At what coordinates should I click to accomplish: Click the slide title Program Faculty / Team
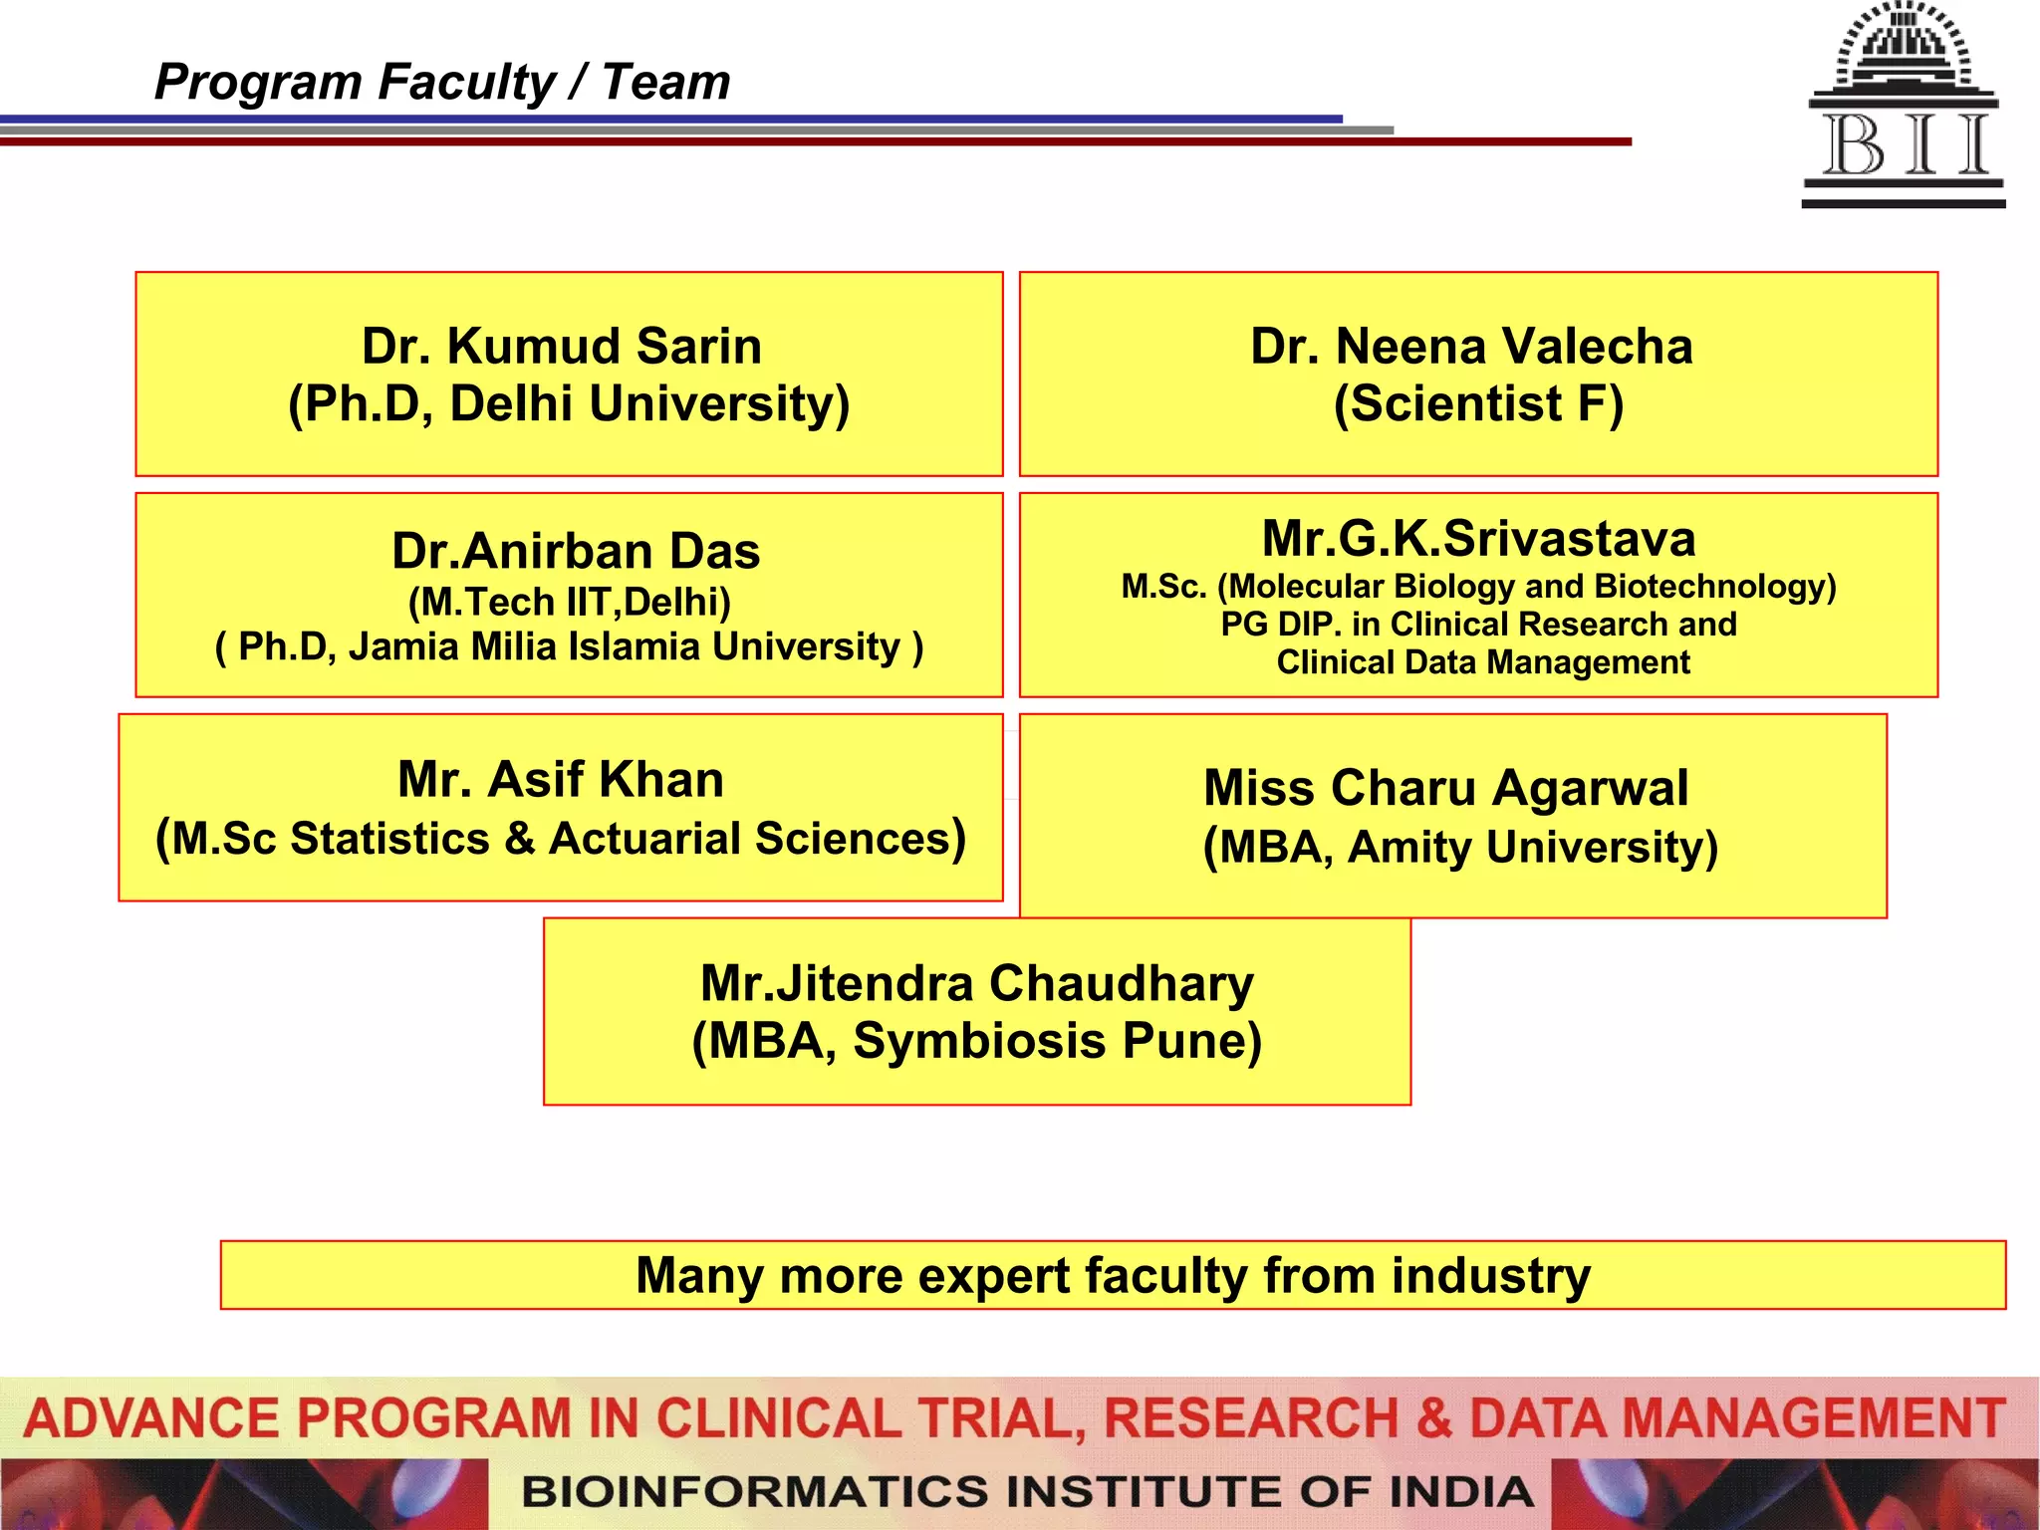442,82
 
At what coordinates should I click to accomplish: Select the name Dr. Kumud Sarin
562,347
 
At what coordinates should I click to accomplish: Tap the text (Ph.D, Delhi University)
569,404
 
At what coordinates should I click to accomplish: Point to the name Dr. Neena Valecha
1471,347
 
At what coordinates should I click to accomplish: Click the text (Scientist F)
1478,404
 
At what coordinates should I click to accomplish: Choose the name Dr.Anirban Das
576,551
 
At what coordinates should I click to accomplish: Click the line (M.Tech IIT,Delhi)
570,602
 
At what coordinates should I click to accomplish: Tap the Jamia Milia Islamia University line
570,647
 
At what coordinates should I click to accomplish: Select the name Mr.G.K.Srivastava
1478,539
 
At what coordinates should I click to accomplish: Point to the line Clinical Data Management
1483,662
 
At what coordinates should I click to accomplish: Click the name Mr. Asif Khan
561,779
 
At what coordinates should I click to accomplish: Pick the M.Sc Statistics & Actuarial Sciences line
561,839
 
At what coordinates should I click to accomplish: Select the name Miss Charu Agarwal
1445,788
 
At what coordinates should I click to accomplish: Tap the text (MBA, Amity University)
1460,848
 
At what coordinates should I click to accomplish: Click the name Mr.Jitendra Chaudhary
976,983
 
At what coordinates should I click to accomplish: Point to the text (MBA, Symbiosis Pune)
976,1041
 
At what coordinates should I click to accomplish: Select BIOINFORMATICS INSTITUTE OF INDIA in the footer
1026,1492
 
